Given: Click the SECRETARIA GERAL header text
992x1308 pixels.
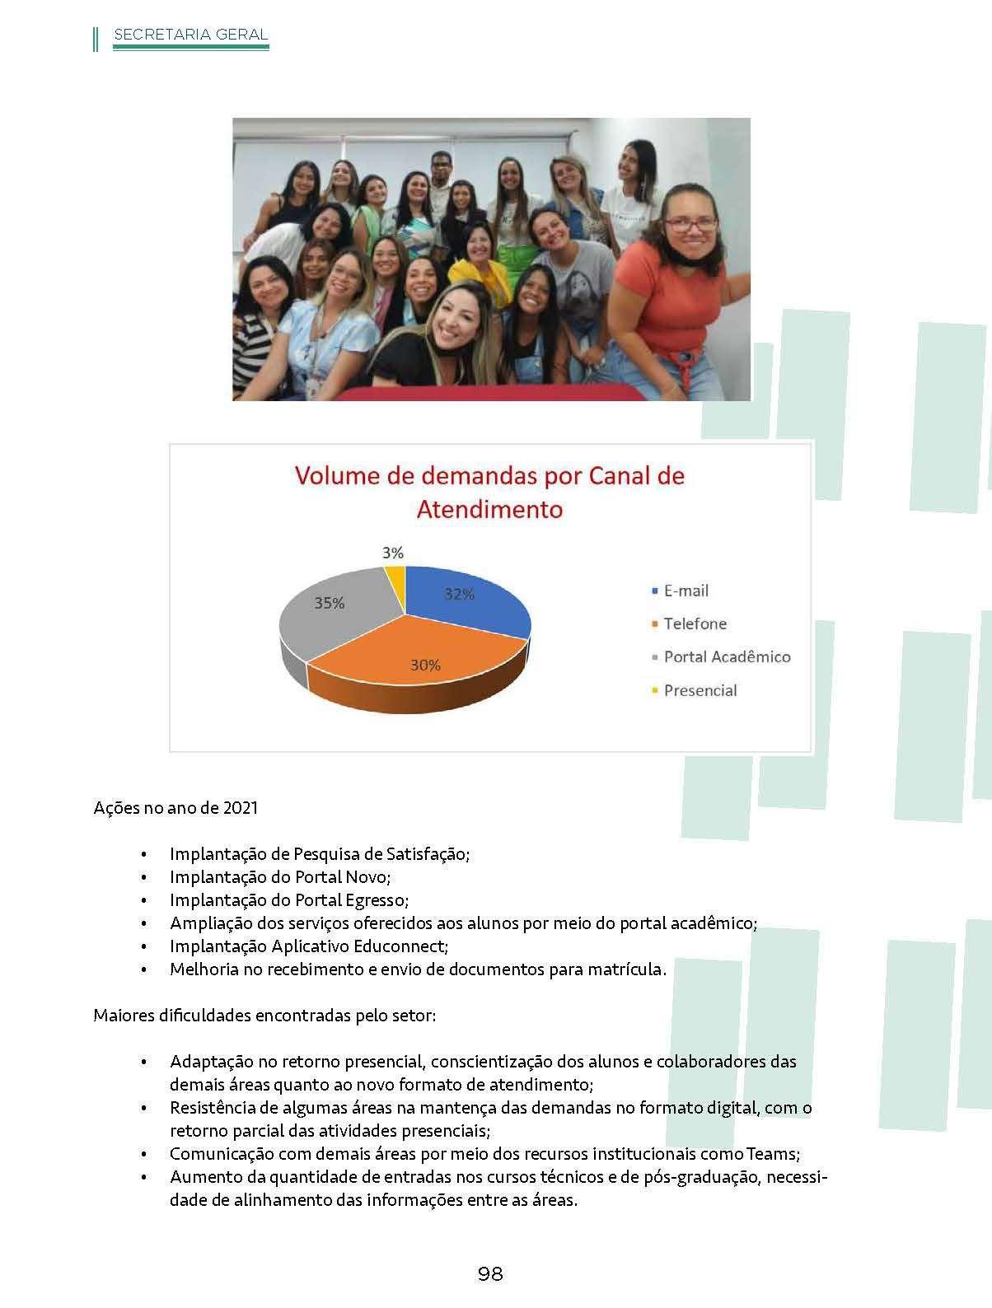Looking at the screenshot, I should pos(190,35).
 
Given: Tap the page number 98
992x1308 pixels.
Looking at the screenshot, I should pos(490,1273).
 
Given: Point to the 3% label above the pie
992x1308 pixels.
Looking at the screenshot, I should pos(393,554).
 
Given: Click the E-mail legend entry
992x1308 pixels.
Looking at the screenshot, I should pos(686,591).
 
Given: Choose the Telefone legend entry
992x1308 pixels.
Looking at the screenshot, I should pos(695,624).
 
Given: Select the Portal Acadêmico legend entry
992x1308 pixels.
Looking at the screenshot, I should pos(727,656).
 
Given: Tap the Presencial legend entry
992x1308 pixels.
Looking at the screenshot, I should pos(700,690).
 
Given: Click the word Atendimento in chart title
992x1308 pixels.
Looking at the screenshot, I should pos(489,509).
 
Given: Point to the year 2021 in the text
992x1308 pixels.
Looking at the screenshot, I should pos(240,807).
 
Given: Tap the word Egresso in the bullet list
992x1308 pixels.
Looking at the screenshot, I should pos(378,900).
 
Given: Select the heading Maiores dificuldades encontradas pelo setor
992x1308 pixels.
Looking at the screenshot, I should pos(264,1016).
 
